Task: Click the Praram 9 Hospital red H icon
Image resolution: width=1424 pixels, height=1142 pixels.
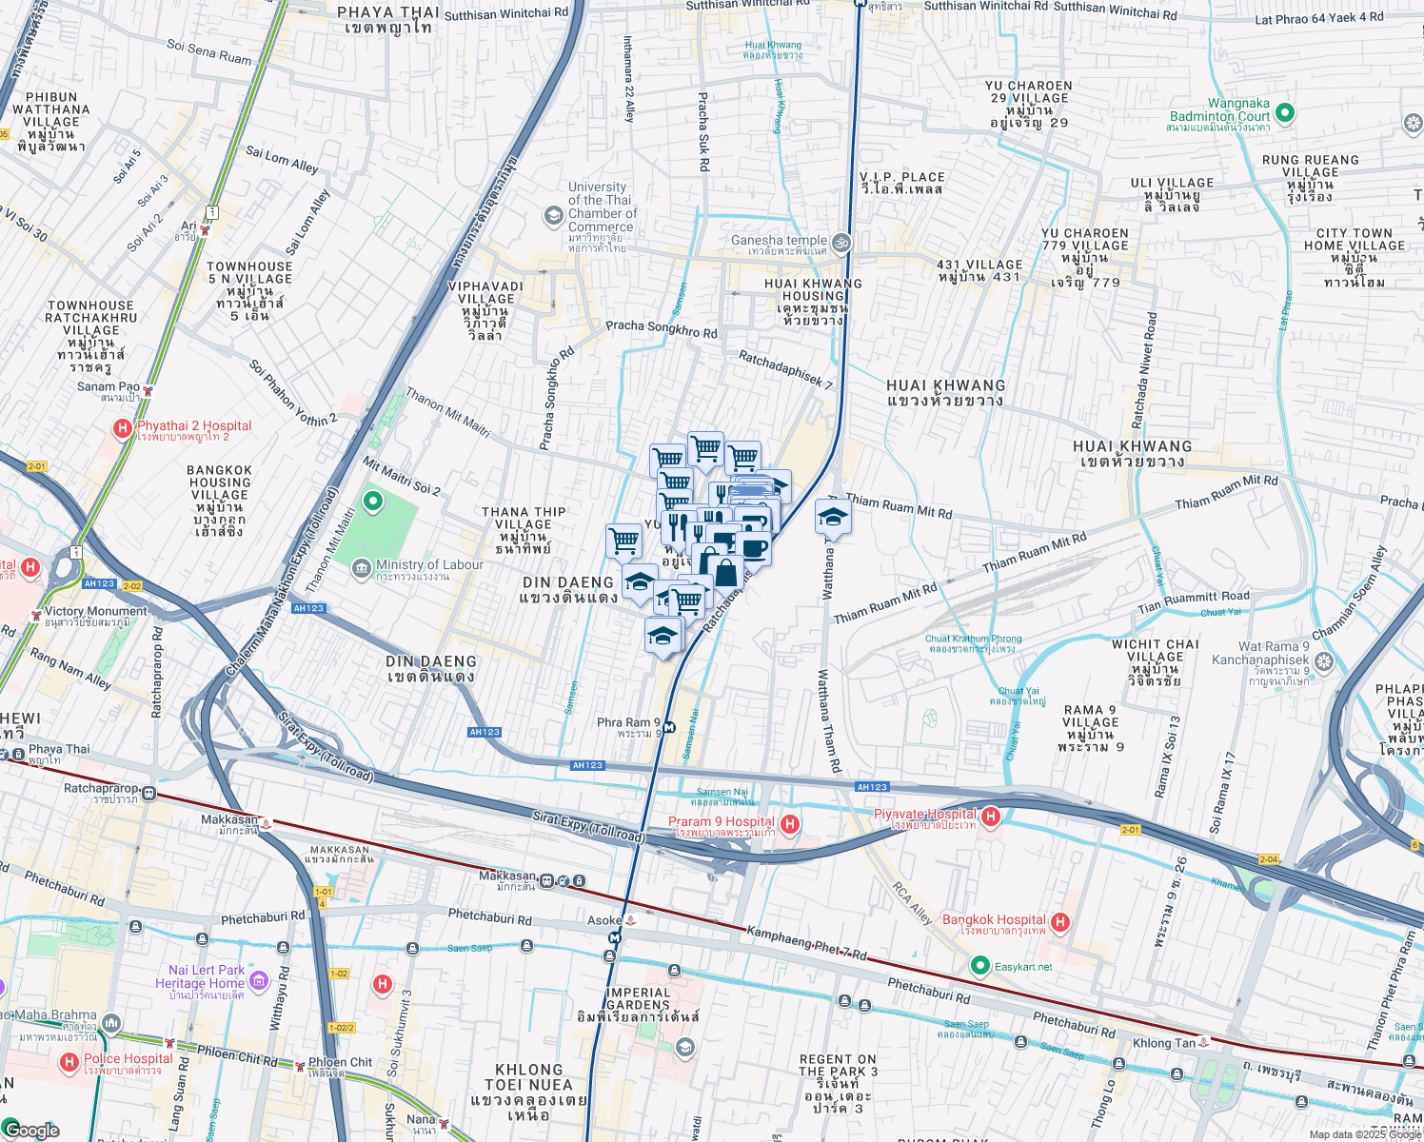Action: [789, 823]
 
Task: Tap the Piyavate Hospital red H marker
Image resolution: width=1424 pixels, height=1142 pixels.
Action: [991, 817]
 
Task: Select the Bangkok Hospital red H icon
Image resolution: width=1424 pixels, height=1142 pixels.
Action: [1060, 922]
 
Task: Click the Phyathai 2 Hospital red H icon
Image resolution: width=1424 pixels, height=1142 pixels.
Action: [123, 429]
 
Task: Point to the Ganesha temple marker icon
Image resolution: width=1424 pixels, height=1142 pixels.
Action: [841, 243]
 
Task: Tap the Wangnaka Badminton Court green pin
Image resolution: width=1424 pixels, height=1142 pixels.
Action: [1284, 113]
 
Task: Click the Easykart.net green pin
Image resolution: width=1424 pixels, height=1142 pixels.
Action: [980, 966]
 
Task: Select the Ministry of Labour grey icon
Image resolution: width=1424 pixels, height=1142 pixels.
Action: [362, 569]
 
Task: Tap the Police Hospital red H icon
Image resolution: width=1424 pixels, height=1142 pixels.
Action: [69, 1061]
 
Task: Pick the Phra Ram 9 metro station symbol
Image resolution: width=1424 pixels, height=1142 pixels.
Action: [669, 728]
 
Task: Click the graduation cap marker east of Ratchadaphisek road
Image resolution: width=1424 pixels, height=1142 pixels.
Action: [833, 518]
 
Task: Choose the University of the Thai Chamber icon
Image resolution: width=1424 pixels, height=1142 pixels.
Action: [554, 216]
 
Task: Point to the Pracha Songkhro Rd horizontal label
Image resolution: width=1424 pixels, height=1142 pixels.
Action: [662, 328]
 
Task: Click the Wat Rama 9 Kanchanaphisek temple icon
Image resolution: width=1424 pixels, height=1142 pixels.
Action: [1323, 660]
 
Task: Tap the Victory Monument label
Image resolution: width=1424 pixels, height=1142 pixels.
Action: [95, 611]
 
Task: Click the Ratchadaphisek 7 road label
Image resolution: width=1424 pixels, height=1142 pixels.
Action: [785, 368]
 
